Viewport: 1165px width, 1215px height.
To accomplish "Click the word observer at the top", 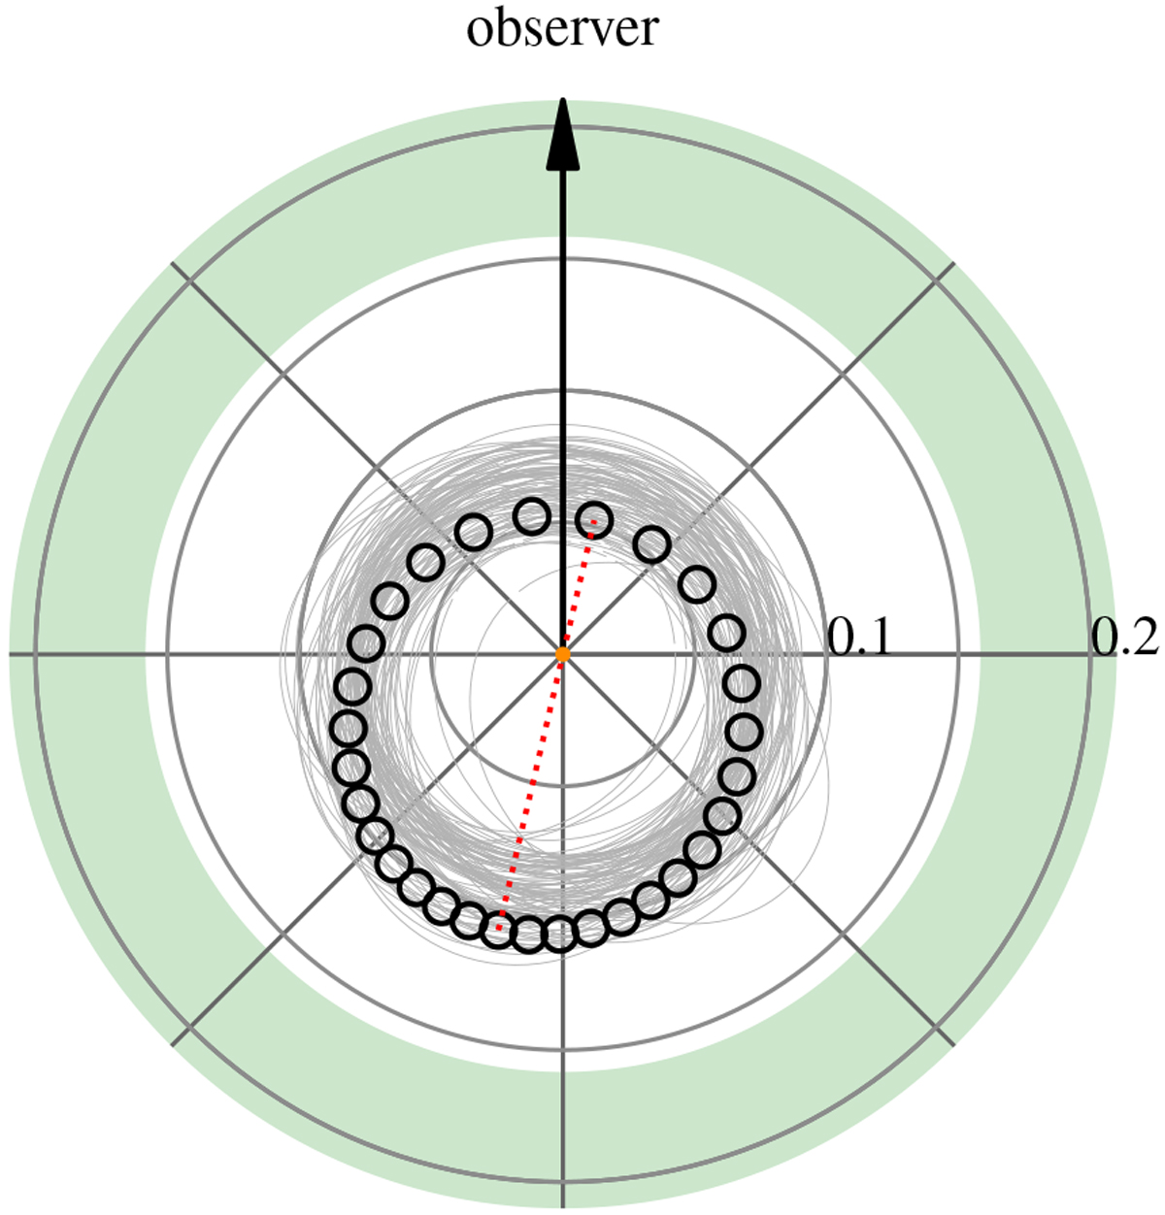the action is click(x=562, y=29).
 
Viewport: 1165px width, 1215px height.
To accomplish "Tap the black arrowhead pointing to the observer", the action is click(x=563, y=134).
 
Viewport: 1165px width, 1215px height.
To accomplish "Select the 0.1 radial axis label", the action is click(x=859, y=638).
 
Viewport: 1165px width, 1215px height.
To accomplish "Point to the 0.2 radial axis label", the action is click(x=1124, y=638).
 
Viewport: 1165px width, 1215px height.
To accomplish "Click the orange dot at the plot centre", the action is click(x=563, y=654).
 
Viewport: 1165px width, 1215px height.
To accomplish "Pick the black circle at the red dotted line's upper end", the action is click(x=593, y=519).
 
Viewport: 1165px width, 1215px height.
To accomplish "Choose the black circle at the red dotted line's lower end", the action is click(x=498, y=930).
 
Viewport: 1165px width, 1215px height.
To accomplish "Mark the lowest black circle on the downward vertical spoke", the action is click(x=560, y=936).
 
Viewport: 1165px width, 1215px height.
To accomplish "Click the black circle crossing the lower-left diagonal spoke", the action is click(x=377, y=835).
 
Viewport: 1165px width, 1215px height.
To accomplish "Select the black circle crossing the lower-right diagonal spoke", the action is click(x=722, y=815).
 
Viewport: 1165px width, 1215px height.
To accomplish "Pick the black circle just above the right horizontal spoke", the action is click(x=727, y=633).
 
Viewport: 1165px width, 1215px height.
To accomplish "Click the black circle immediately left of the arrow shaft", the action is click(x=532, y=515).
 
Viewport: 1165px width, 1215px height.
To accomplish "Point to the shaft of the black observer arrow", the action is click(x=563, y=412).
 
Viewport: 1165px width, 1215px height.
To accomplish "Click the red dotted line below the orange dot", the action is click(x=530, y=792).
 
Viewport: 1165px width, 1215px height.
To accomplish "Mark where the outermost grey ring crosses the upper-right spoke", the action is click(x=937, y=280).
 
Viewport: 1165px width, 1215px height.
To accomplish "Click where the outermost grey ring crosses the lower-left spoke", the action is click(x=188, y=1029).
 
